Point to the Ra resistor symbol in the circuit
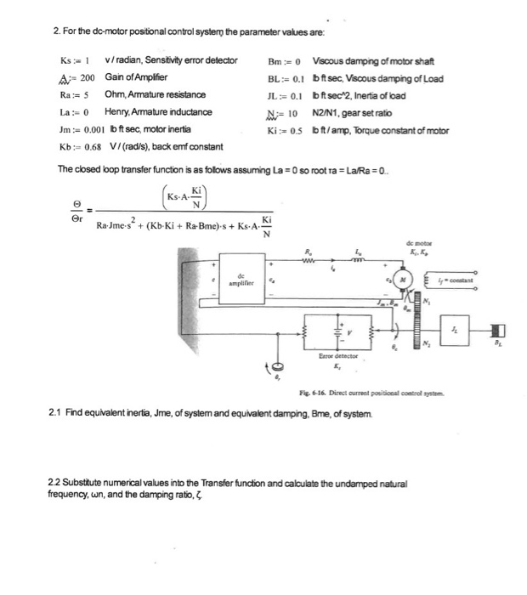309,260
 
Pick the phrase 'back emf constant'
171,147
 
